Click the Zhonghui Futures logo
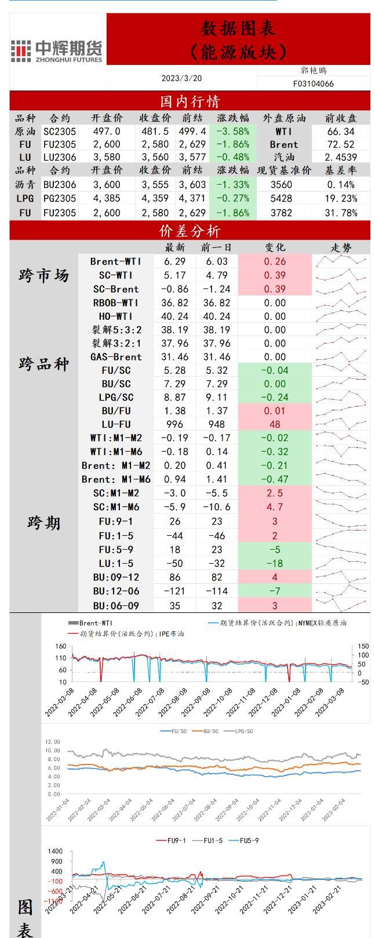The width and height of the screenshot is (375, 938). (x=57, y=50)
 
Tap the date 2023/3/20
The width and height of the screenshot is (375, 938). (x=181, y=78)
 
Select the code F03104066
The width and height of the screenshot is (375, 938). (x=314, y=84)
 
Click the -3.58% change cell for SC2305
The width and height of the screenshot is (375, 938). (x=232, y=132)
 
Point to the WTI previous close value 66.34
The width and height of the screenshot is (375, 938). (x=340, y=132)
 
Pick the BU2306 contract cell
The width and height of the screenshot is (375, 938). (x=60, y=185)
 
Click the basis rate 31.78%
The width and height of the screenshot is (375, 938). (x=340, y=212)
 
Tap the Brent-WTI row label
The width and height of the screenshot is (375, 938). (x=116, y=261)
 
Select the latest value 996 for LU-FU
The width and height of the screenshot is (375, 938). (x=174, y=424)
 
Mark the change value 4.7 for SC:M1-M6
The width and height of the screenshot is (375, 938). (x=275, y=507)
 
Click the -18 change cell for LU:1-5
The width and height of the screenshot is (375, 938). (x=275, y=563)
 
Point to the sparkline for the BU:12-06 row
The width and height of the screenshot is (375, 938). (x=341, y=591)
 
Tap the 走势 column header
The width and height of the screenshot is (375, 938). (x=341, y=247)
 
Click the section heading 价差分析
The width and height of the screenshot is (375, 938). (x=190, y=232)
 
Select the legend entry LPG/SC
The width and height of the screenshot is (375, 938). (x=242, y=731)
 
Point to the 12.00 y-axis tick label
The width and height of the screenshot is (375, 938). (x=52, y=742)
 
